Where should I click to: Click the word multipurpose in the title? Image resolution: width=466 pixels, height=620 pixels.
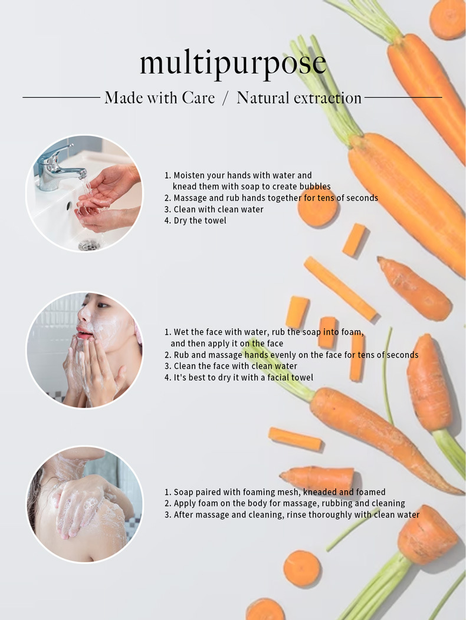233,64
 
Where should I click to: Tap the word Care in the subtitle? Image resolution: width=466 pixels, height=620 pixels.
198,98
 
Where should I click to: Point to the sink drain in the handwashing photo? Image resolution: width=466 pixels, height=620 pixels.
88,245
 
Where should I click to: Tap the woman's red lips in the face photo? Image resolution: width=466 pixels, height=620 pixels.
83,332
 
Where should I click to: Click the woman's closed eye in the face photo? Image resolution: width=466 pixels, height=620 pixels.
102,305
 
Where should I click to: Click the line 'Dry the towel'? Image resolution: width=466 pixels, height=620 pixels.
195,220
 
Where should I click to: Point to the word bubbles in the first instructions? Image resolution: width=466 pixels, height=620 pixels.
315,186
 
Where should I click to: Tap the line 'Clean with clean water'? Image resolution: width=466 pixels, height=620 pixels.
214,209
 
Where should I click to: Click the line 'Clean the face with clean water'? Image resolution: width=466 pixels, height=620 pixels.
231,366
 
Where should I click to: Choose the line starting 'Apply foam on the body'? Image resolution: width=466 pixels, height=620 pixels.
285,503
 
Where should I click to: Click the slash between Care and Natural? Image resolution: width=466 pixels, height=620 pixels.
225,98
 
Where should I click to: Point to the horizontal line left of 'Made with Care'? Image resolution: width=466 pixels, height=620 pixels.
61,97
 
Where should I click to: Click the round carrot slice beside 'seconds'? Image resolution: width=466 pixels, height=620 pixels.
317,207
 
